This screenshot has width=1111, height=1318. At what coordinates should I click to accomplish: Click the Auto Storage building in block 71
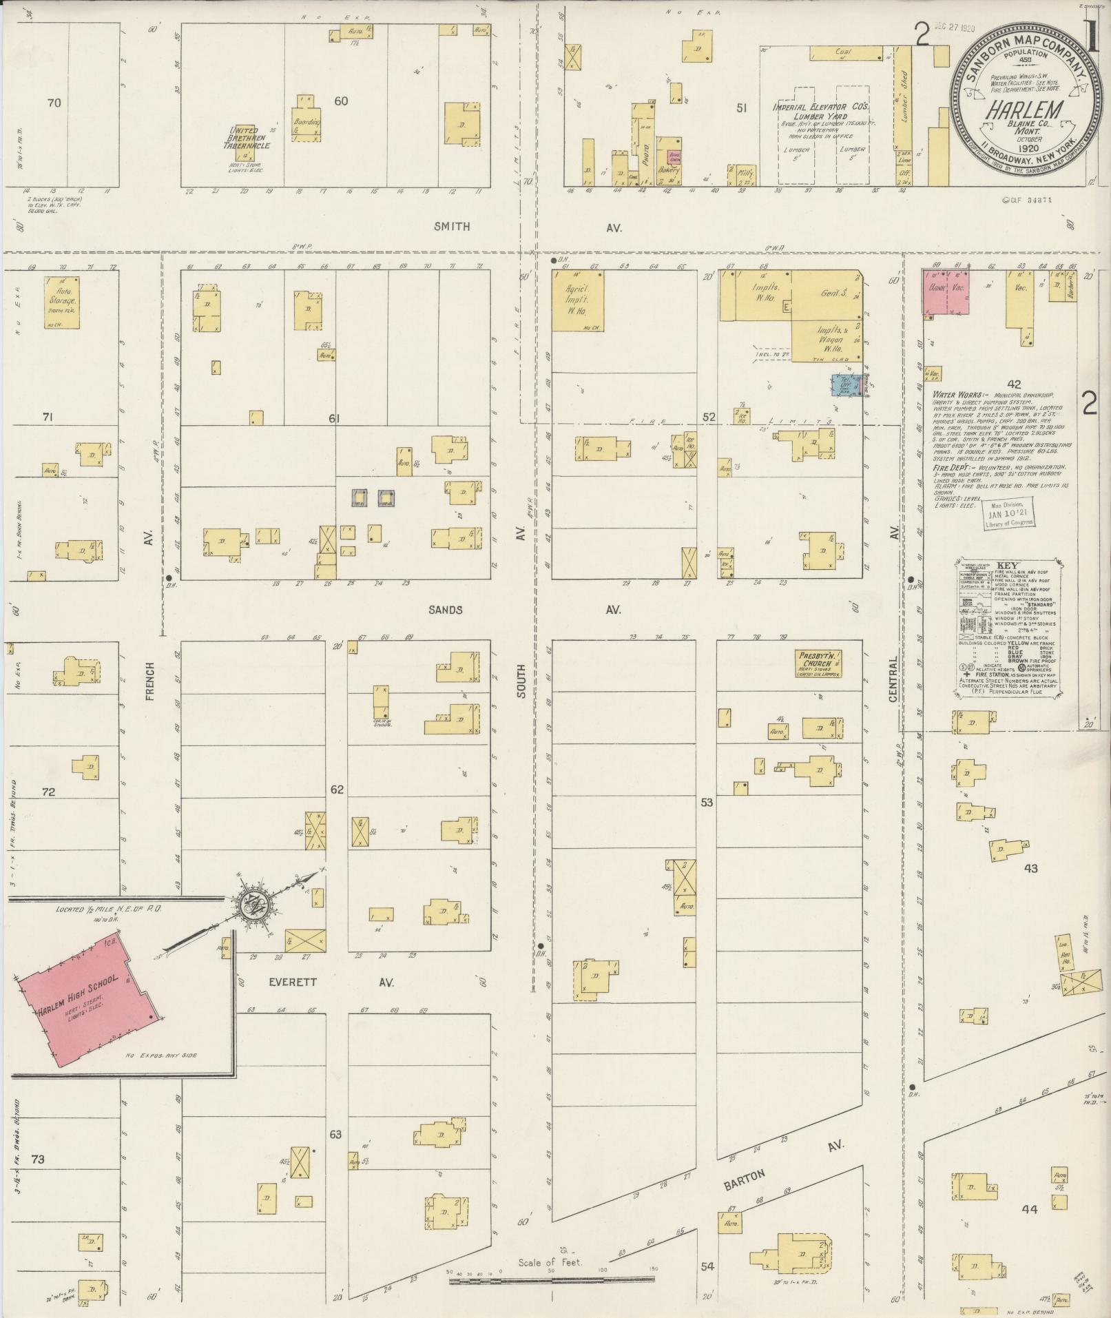coord(61,302)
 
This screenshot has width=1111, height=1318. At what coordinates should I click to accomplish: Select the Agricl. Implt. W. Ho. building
coord(579,300)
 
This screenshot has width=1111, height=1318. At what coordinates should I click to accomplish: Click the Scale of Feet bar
coord(551,799)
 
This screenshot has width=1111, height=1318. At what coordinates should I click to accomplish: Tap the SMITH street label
coord(452,226)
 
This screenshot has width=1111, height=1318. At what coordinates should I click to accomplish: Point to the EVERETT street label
coord(293,982)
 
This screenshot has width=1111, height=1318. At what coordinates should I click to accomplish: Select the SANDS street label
coord(445,610)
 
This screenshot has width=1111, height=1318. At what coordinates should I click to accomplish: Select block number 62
coord(335,790)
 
